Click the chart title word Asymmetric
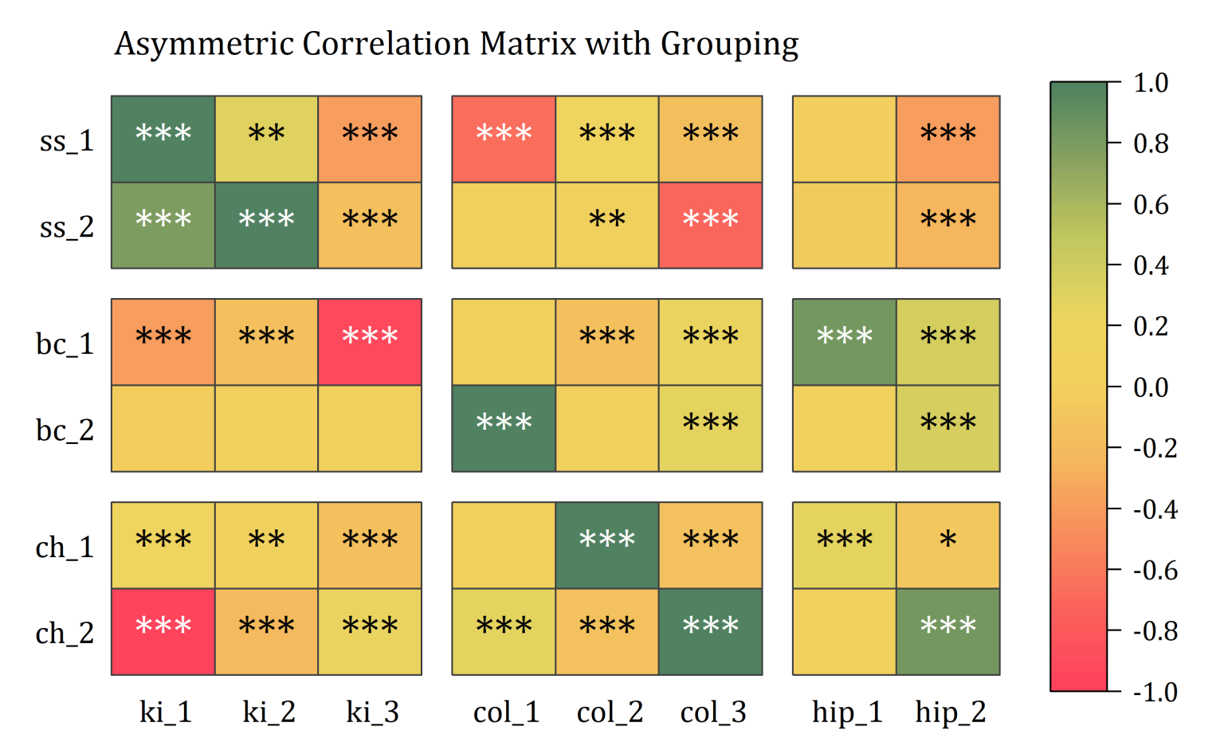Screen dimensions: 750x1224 [203, 44]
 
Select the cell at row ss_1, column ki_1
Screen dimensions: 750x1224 [163, 139]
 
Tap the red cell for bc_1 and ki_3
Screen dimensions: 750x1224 [370, 342]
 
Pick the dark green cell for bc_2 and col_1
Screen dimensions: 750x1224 [504, 429]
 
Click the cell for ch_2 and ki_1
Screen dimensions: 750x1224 [163, 632]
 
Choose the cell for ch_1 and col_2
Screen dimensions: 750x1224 [607, 545]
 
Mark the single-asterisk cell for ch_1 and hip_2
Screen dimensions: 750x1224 [948, 545]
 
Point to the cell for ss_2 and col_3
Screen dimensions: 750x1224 [711, 226]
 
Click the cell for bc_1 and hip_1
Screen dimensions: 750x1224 [845, 342]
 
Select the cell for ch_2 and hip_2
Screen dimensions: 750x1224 [948, 632]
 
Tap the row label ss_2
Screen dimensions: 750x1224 [67, 227]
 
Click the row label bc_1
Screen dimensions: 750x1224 [65, 344]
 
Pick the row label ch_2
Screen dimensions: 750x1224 [65, 634]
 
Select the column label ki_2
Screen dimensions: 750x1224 [269, 712]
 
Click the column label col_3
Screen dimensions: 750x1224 [713, 712]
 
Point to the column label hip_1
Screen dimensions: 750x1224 [847, 712]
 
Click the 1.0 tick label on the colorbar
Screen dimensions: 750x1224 [1151, 82]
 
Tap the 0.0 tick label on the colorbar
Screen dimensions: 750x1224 [1151, 387]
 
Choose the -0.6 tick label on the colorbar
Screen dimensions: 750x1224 [1155, 570]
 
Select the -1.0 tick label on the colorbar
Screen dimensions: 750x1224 [1155, 692]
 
